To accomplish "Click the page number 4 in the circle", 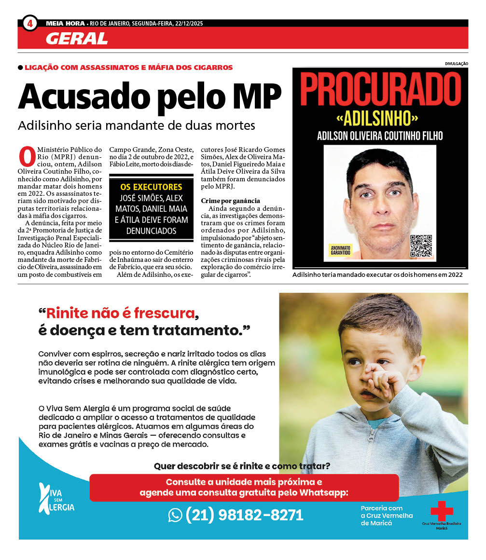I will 29,23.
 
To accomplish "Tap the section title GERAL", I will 76,39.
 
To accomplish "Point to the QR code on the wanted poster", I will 420,246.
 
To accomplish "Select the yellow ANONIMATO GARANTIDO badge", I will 341,249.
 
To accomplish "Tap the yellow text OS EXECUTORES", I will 151,187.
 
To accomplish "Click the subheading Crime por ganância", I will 230,201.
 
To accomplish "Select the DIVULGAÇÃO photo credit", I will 456,63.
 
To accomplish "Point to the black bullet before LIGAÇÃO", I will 20,68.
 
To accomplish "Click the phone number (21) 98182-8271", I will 244,515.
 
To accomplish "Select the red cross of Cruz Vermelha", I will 442,511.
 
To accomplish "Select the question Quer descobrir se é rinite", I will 242,466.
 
